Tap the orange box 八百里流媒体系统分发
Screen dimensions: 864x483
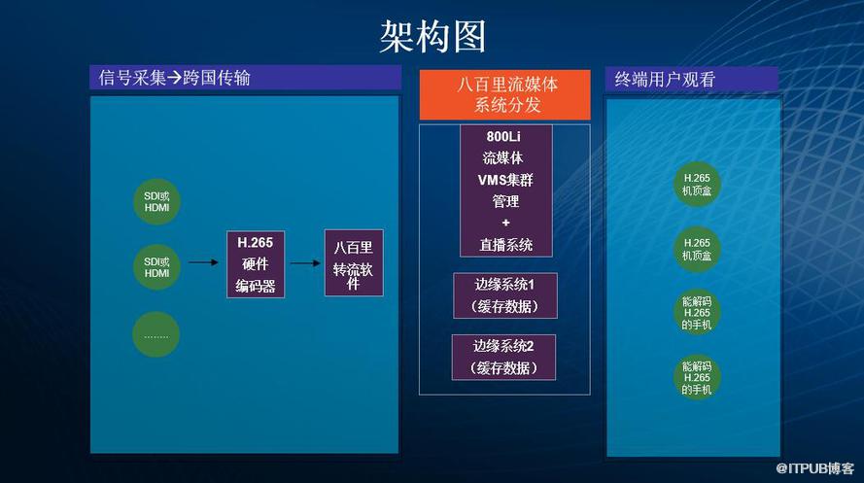coord(504,94)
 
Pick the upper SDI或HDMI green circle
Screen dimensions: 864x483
coord(156,201)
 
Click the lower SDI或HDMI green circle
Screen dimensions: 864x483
coord(156,267)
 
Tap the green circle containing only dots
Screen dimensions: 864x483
coord(156,334)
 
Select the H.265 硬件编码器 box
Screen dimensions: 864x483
coord(256,264)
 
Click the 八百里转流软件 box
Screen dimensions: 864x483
coord(354,262)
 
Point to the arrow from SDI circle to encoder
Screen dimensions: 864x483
coord(204,262)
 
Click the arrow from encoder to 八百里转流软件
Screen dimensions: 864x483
coord(305,263)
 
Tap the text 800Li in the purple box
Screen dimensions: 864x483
coord(503,137)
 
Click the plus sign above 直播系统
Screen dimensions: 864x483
coord(505,223)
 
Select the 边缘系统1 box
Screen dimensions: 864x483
coord(505,295)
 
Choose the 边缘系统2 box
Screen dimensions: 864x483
coord(503,357)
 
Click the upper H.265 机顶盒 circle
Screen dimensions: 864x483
coord(697,185)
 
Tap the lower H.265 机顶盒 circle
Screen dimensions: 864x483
coord(697,249)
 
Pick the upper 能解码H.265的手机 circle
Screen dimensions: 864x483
coord(697,313)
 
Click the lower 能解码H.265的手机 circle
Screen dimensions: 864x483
coord(697,377)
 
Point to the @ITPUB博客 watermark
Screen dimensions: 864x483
coord(815,468)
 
